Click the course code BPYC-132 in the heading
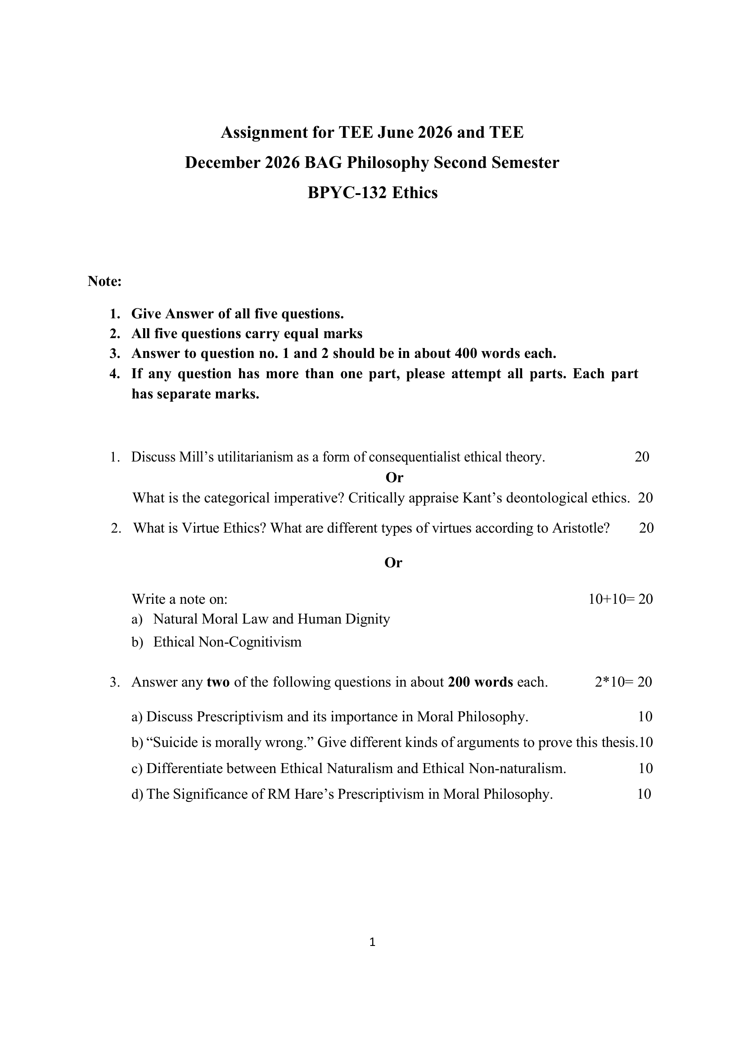[347, 193]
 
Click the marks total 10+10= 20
[621, 599]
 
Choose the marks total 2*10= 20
[623, 682]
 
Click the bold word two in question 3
[218, 682]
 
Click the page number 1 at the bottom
[372, 942]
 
